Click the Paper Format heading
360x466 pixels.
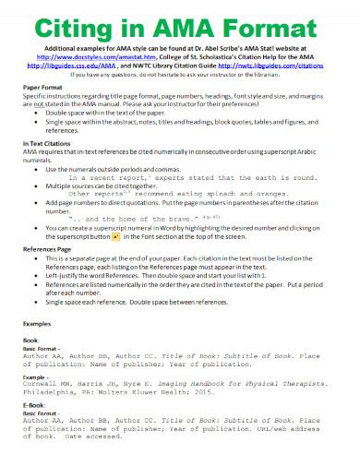click(x=43, y=84)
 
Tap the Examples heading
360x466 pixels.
click(x=37, y=325)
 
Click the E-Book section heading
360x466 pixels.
click(x=37, y=407)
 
